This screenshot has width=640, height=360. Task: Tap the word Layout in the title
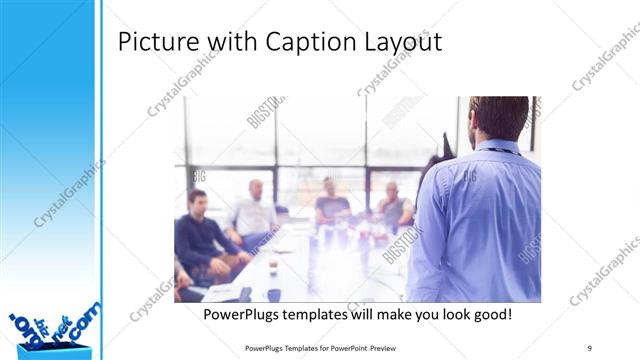click(399, 43)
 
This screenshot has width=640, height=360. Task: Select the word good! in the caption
click(489, 314)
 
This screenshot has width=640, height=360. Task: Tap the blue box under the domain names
click(55, 350)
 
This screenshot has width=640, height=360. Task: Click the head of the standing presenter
click(497, 118)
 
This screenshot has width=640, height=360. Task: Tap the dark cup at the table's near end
click(273, 294)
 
